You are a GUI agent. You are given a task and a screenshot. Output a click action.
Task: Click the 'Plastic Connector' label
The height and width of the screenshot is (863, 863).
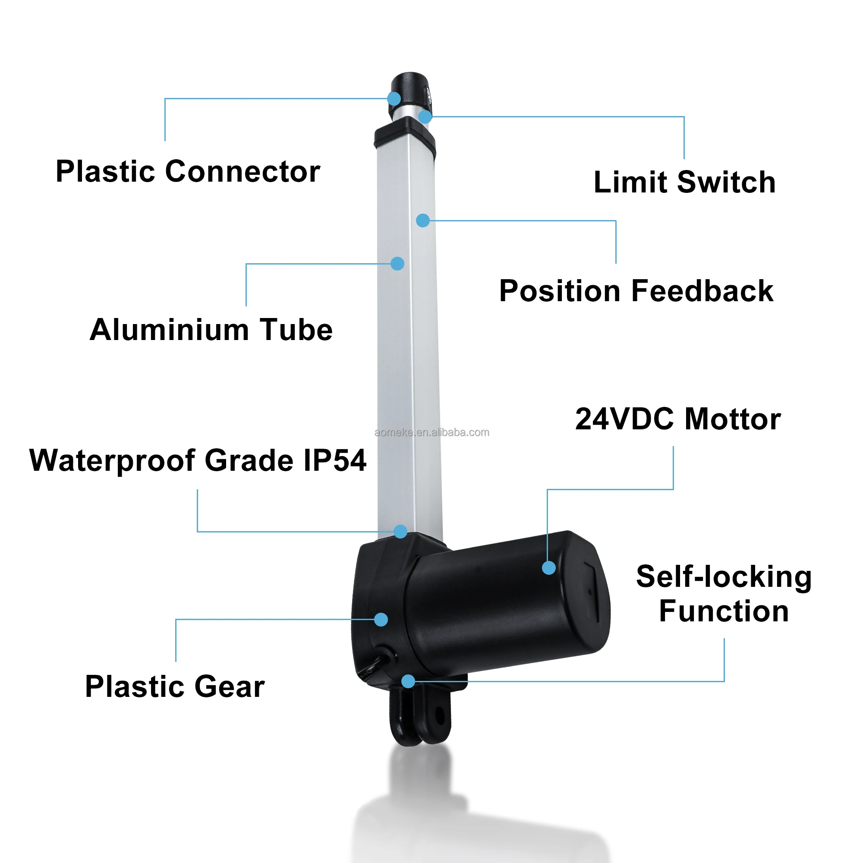[x=188, y=172]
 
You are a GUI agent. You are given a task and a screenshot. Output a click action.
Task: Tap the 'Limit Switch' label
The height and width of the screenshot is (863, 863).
[x=684, y=182]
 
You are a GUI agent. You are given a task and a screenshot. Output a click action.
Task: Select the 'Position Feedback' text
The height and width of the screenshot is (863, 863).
[x=636, y=291]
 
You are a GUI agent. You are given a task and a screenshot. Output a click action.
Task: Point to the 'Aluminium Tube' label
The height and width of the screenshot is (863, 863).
[x=211, y=330]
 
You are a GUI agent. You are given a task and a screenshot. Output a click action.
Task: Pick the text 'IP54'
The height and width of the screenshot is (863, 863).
[x=334, y=460]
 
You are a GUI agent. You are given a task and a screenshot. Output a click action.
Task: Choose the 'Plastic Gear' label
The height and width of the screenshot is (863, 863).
[x=175, y=687]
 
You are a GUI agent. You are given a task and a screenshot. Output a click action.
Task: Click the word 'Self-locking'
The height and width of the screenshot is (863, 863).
[x=724, y=576]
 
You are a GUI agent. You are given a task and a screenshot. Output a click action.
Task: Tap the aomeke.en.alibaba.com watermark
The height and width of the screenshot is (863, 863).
[x=431, y=432]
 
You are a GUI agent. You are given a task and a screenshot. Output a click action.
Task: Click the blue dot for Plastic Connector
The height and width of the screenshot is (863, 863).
[x=394, y=98]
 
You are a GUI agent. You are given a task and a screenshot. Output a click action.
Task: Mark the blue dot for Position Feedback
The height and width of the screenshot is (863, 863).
[x=422, y=220]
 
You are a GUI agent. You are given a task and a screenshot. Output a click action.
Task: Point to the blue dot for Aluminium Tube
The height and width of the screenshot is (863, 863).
[x=397, y=264]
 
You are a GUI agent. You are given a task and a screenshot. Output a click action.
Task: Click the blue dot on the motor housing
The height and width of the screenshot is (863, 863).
[x=548, y=568]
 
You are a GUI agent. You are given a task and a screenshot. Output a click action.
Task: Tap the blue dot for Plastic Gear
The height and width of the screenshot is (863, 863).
[x=381, y=620]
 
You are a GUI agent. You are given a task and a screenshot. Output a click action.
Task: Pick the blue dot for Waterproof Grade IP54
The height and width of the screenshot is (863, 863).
[x=400, y=532]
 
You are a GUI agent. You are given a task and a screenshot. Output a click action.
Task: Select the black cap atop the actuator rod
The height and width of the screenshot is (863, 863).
[x=410, y=87]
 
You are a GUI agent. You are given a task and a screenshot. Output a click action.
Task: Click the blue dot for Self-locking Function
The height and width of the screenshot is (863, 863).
[x=408, y=681]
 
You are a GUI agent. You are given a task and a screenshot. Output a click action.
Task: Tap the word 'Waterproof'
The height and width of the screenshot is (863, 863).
[x=112, y=460]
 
